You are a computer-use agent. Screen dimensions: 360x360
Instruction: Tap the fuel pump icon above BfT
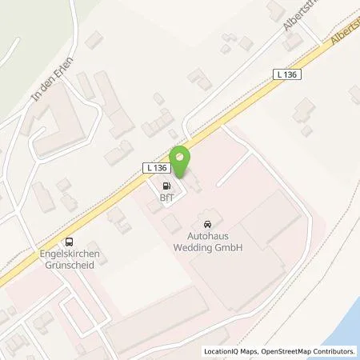(x=166, y=184)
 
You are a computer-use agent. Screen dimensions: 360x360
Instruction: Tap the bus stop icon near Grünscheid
(x=71, y=242)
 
